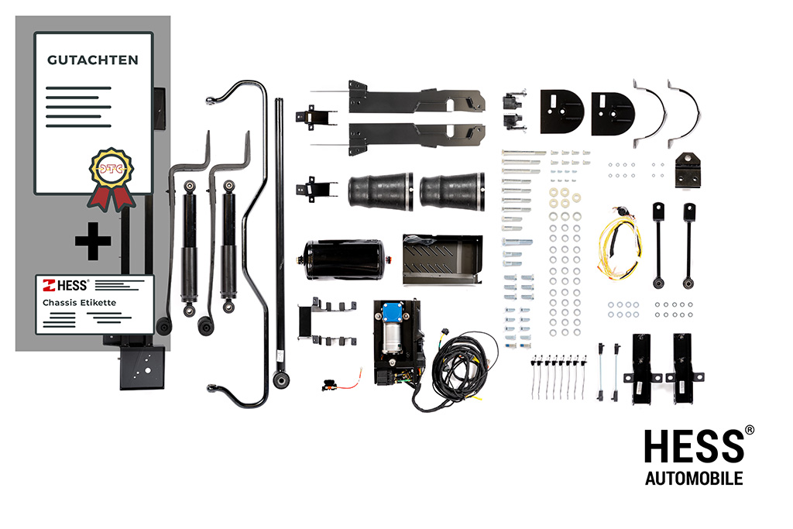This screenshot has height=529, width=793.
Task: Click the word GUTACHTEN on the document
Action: pyautogui.click(x=93, y=60)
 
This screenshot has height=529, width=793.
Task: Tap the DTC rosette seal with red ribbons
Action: pyautogui.click(x=112, y=178)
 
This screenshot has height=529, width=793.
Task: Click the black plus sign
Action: pyautogui.click(x=93, y=241)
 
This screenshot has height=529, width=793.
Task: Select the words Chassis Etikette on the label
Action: pyautogui.click(x=80, y=302)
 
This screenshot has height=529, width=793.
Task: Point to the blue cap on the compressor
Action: pyautogui.click(x=393, y=311)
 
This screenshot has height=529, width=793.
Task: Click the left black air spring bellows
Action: pyautogui.click(x=380, y=191)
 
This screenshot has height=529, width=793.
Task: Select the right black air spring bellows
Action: pyautogui.click(x=452, y=191)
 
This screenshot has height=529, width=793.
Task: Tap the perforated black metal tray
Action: pyautogui.click(x=442, y=259)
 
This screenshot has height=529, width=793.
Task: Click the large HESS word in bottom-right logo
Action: pyautogui.click(x=694, y=446)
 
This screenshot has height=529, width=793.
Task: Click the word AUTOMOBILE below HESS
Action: pyautogui.click(x=694, y=479)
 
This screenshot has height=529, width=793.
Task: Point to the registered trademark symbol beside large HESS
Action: pyautogui.click(x=750, y=430)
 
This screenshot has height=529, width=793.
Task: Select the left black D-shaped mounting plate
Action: pyautogui.click(x=561, y=112)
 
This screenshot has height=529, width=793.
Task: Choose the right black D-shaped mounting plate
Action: pyautogui.click(x=613, y=114)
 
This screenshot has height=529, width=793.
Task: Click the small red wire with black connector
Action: pyautogui.click(x=342, y=383)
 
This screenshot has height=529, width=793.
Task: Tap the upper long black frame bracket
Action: pyautogui.click(x=416, y=98)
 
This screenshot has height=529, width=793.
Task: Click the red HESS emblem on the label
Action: pyautogui.click(x=49, y=286)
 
